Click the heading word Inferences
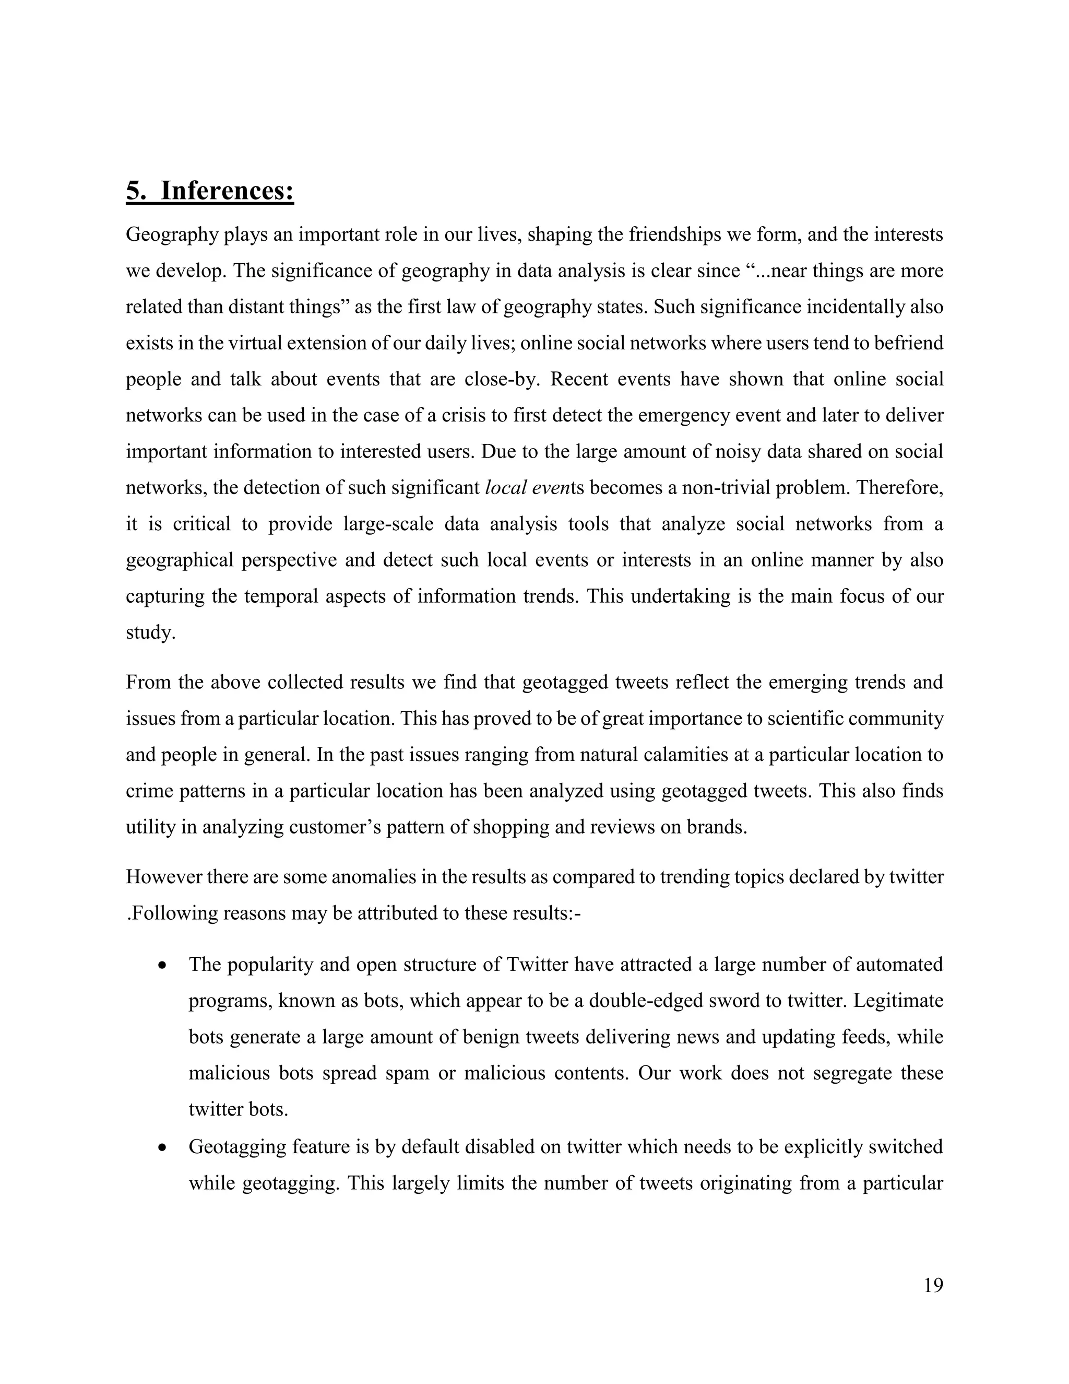[227, 191]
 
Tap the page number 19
[933, 1285]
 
